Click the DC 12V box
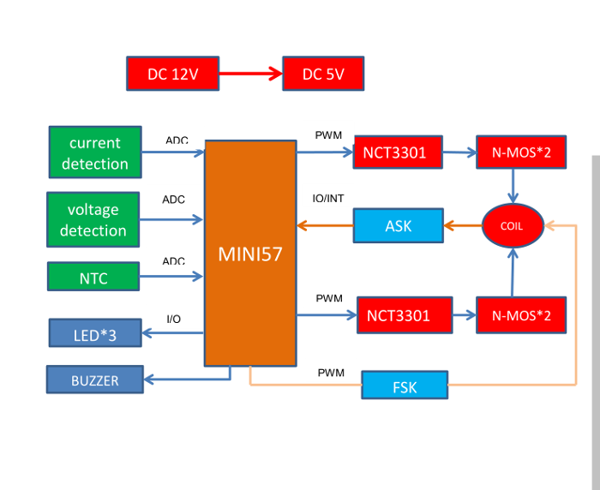[x=172, y=74]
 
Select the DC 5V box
[x=323, y=74]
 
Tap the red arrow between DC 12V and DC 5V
[x=250, y=74]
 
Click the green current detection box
[x=94, y=152]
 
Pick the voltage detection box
[x=93, y=219]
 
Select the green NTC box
[x=93, y=278]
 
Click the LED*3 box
[x=94, y=334]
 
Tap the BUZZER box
[x=94, y=380]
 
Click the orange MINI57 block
[x=249, y=254]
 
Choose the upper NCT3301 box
[x=398, y=153]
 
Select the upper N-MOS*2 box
[x=521, y=153]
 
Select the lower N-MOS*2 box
[x=521, y=315]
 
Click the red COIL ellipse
[x=513, y=226]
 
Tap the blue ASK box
[x=399, y=226]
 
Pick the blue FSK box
[x=405, y=386]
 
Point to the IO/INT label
[x=329, y=198]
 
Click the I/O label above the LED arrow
[x=173, y=320]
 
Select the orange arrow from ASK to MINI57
[x=325, y=226]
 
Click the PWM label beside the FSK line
[x=331, y=373]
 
